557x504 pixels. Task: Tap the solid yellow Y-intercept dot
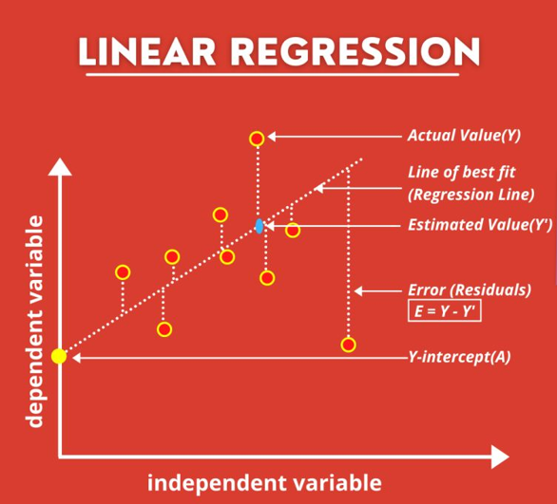click(x=59, y=356)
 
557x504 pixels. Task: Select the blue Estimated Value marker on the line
click(x=259, y=226)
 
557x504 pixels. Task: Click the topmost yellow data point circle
click(x=256, y=139)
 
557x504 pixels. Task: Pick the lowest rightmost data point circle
click(x=348, y=344)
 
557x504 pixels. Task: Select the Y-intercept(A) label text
click(x=459, y=357)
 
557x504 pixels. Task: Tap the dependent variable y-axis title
click(x=35, y=321)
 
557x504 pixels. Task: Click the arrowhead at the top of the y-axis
click(x=60, y=168)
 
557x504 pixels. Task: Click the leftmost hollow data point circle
click(x=123, y=272)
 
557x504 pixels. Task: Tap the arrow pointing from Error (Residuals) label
click(x=380, y=289)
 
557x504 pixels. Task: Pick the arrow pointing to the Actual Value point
click(x=333, y=138)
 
